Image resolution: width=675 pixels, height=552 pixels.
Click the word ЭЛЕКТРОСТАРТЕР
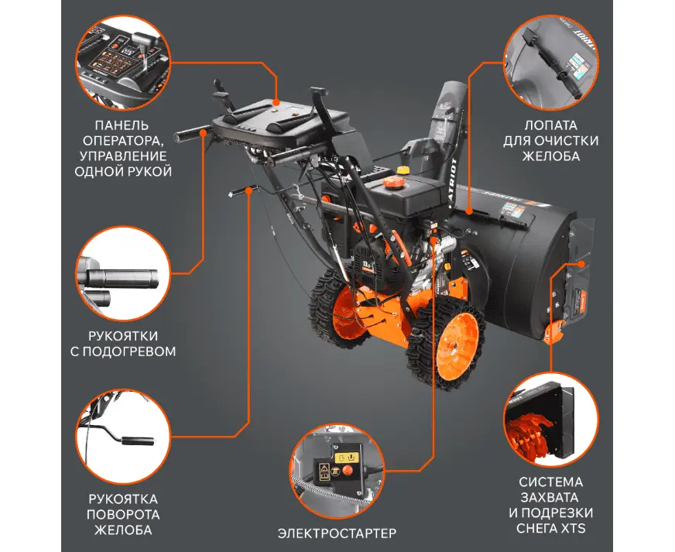(337, 533)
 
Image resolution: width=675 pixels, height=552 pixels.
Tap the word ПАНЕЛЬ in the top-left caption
(122, 125)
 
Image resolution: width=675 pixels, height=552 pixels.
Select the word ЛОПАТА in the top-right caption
(550, 125)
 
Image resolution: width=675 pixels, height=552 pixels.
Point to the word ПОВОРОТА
(123, 515)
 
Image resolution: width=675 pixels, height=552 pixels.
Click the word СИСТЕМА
(551, 482)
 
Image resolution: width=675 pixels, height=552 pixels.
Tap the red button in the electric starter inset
(347, 470)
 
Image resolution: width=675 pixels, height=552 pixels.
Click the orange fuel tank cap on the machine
(392, 182)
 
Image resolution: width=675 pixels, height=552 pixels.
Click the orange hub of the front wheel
(457, 345)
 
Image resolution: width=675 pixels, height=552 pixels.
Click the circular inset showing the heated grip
(123, 274)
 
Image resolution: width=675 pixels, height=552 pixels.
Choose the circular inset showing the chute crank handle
(123, 437)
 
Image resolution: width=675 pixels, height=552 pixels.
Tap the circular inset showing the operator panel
(123, 63)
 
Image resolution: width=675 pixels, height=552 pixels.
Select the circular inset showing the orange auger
(551, 420)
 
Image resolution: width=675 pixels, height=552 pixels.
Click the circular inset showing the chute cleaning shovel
(551, 63)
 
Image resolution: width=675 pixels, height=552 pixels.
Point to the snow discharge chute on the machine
(447, 125)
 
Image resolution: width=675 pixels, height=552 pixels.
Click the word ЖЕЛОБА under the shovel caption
(551, 156)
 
